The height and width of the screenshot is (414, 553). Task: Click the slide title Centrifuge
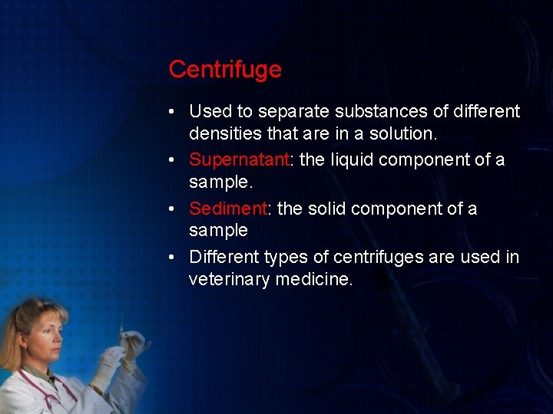pyautogui.click(x=225, y=70)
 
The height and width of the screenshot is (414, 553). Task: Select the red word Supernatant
pyautogui.click(x=237, y=159)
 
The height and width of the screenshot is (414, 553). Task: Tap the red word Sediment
pyautogui.click(x=227, y=209)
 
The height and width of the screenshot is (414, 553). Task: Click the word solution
pyautogui.click(x=400, y=133)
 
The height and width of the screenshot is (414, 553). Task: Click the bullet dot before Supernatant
pyautogui.click(x=176, y=160)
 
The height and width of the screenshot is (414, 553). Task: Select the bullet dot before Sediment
pyautogui.click(x=176, y=209)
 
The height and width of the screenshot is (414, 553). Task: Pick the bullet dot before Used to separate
pyautogui.click(x=176, y=112)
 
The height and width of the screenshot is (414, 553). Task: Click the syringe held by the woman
pyautogui.click(x=121, y=330)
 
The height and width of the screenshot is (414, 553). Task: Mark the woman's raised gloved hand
pyautogui.click(x=134, y=345)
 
